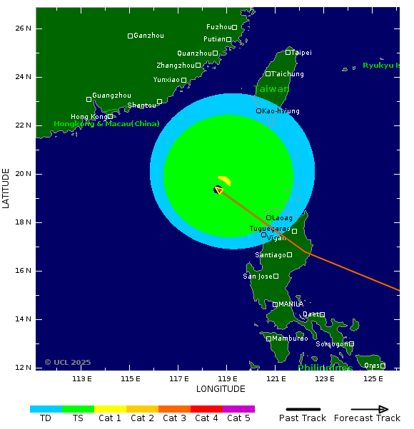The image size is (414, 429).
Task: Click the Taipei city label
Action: (302, 53)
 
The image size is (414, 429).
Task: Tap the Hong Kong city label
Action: (89, 117)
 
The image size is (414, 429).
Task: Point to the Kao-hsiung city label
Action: (281, 111)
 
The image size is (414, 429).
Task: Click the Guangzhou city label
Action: (112, 95)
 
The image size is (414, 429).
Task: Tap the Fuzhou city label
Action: (218, 27)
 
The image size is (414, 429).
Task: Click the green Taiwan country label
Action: (271, 89)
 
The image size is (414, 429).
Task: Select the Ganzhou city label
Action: (149, 36)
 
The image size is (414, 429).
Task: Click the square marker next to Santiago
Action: (290, 254)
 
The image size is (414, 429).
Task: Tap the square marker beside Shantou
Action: (159, 102)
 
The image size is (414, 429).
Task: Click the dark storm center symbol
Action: (218, 190)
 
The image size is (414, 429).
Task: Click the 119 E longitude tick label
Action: (228, 378)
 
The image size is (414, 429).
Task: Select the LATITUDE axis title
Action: (6, 188)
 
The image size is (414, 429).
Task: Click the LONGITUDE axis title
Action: (221, 389)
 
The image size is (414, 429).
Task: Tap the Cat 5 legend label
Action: (238, 418)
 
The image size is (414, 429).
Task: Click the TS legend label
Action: (78, 418)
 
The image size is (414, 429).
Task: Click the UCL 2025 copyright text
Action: (68, 363)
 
